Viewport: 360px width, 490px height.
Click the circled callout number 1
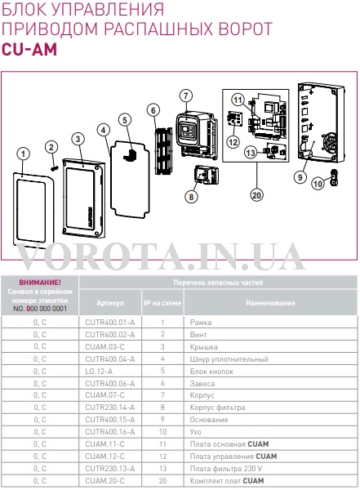[23, 154]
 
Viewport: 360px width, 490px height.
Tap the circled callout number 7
[186, 96]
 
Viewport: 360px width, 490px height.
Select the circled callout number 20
[256, 195]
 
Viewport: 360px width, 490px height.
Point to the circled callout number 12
[233, 142]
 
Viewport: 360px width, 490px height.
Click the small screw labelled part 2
[55, 168]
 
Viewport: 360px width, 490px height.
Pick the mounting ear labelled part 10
[334, 177]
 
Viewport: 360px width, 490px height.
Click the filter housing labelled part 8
[207, 175]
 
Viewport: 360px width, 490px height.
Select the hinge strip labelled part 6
[164, 151]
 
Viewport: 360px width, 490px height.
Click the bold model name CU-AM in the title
[29, 49]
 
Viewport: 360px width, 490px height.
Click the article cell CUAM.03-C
[104, 347]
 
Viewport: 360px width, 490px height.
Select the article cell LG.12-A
[99, 372]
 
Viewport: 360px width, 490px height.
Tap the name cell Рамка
[201, 323]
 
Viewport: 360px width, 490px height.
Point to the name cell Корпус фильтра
[217, 408]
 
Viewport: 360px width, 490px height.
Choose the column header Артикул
[110, 303]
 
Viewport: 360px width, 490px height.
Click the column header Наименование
[270, 303]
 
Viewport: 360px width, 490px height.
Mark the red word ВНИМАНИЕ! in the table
[40, 283]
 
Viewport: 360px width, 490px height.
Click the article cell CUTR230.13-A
[110, 469]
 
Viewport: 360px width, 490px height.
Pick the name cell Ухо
[195, 432]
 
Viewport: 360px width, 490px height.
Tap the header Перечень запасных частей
[218, 283]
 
